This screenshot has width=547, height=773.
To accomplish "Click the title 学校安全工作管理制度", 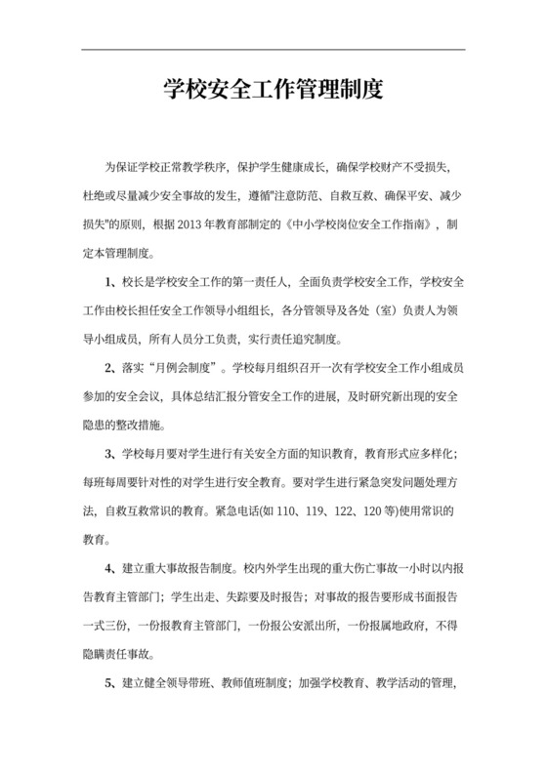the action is (273, 92).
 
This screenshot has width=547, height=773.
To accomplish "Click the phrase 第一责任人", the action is (250, 283).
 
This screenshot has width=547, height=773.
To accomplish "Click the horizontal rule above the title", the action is (273, 50).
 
